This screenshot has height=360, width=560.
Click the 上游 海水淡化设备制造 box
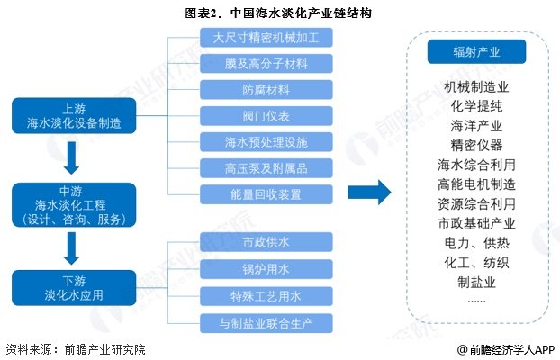coord(74,116)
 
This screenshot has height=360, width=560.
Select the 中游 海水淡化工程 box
coord(74,205)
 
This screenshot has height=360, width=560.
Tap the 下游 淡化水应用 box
coord(74,288)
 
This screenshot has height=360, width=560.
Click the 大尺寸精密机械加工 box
coord(266,38)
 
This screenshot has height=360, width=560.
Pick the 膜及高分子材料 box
coord(266,64)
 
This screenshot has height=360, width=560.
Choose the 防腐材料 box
coord(266,90)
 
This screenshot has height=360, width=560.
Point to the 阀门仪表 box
coord(266,116)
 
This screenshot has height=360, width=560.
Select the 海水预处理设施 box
coord(266,142)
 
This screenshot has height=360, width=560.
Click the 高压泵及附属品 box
coord(266,168)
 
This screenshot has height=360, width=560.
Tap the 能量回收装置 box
coord(266,194)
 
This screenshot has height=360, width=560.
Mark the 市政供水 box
coord(266,242)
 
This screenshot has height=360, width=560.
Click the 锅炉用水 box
coord(266,269)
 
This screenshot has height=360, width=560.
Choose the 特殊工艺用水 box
coord(266,296)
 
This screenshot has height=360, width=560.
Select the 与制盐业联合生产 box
coord(266,323)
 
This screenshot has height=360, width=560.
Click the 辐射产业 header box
coord(476,52)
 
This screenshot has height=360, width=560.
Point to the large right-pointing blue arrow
coord(369,192)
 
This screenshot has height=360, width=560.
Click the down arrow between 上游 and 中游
coord(71,157)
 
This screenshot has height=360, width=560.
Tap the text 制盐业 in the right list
coord(476,282)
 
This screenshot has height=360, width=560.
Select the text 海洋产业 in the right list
coord(476,126)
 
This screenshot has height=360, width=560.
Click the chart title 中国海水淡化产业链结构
coord(301,13)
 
